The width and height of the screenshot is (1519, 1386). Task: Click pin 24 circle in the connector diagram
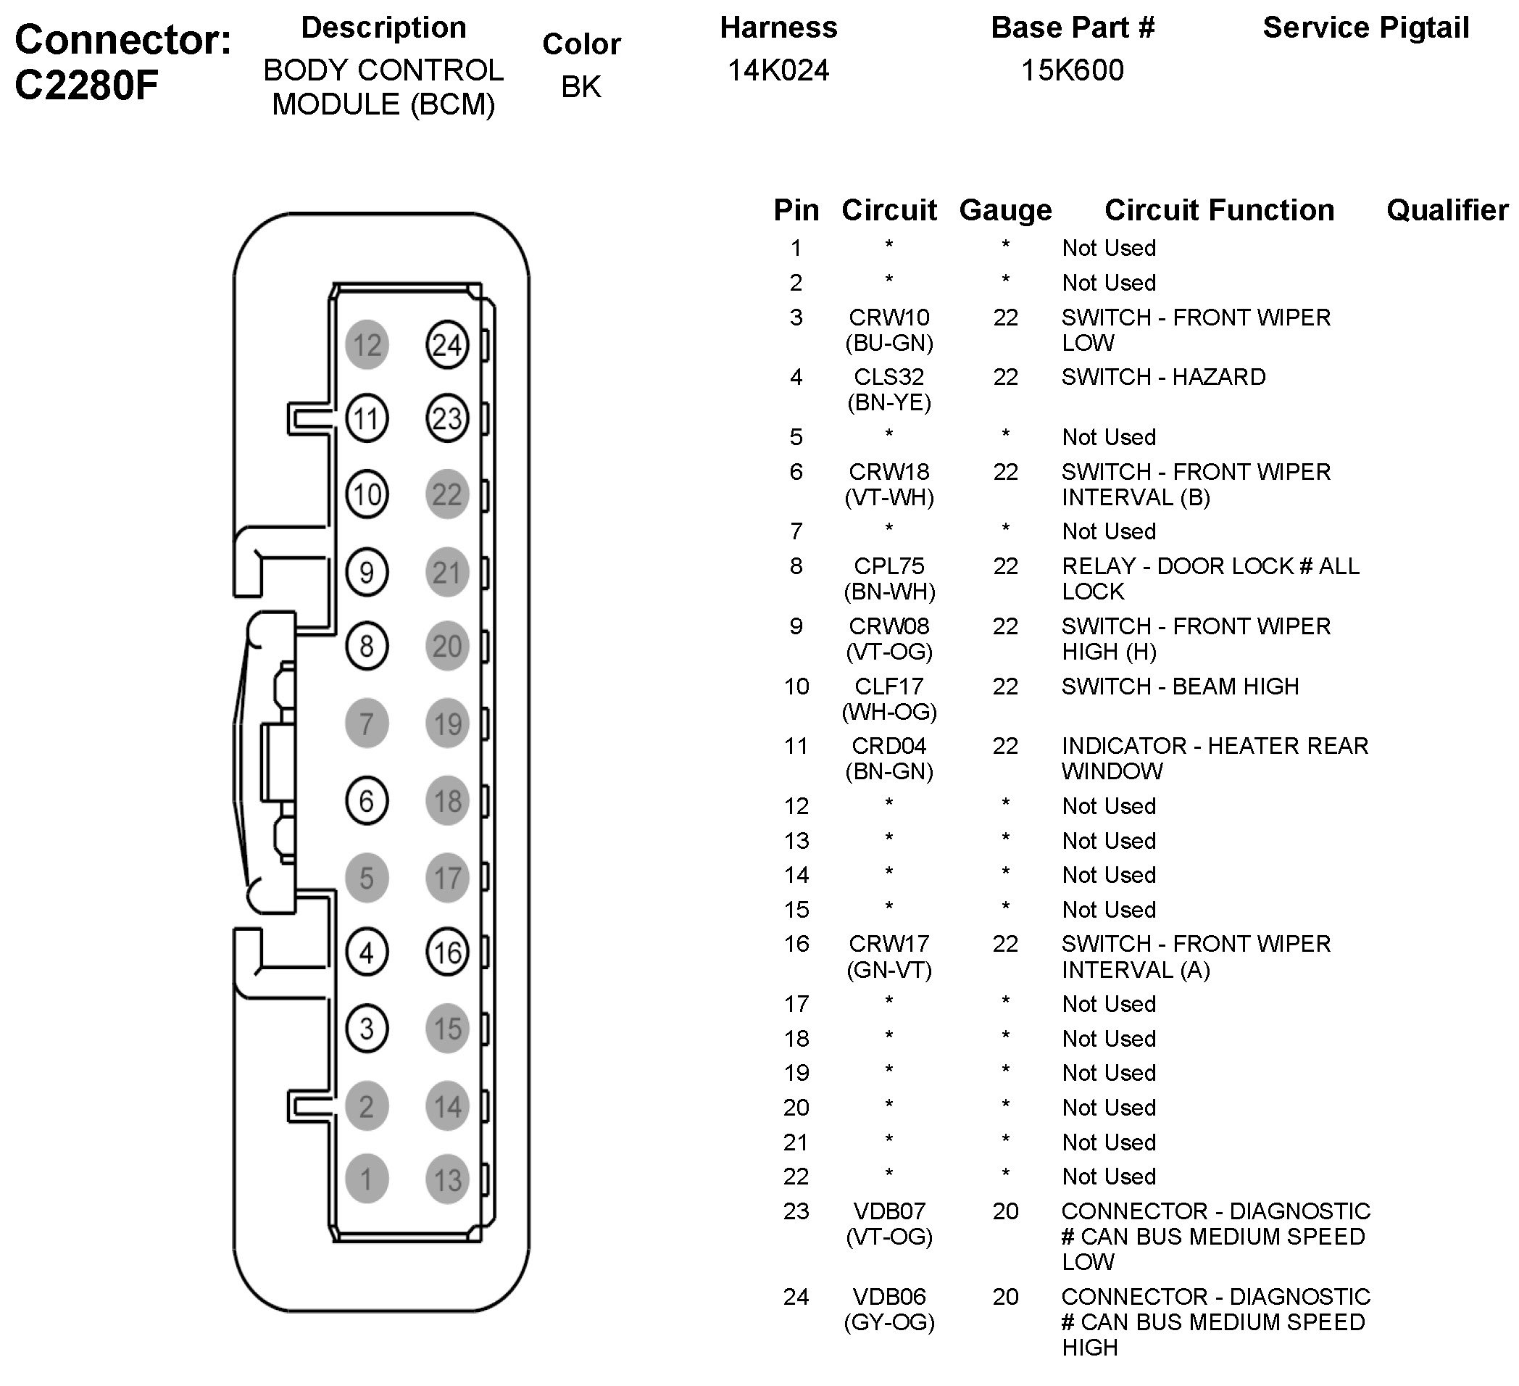[x=447, y=344]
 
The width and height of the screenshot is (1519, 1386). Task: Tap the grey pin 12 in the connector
[x=367, y=344]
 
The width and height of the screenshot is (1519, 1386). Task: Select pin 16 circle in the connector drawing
[x=447, y=953]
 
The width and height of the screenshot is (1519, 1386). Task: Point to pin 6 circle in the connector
[x=367, y=800]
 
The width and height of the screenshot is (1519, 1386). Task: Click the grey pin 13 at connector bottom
[x=447, y=1179]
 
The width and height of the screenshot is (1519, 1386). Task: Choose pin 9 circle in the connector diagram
[x=367, y=572]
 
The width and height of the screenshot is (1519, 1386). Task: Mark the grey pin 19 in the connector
[x=447, y=723]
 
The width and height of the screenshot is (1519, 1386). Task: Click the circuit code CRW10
[x=889, y=318]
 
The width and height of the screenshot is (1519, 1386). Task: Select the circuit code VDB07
[x=889, y=1211]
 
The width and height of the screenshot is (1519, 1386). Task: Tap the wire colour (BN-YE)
[x=889, y=402]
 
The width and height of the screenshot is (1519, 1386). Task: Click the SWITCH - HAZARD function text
[x=1163, y=377]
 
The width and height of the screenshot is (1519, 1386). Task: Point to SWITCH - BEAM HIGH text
[x=1180, y=686]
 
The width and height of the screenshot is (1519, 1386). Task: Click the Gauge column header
[x=1005, y=210]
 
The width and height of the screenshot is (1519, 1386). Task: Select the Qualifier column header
[x=1447, y=210]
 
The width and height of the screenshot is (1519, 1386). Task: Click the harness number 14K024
[x=778, y=70]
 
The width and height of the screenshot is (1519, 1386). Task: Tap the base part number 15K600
[x=1072, y=70]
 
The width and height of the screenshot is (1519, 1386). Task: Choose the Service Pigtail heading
[x=1365, y=28]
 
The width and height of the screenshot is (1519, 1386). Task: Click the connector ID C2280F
[x=87, y=85]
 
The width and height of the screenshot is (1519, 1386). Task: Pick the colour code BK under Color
[x=581, y=87]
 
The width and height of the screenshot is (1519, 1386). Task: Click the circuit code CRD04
[x=889, y=745]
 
